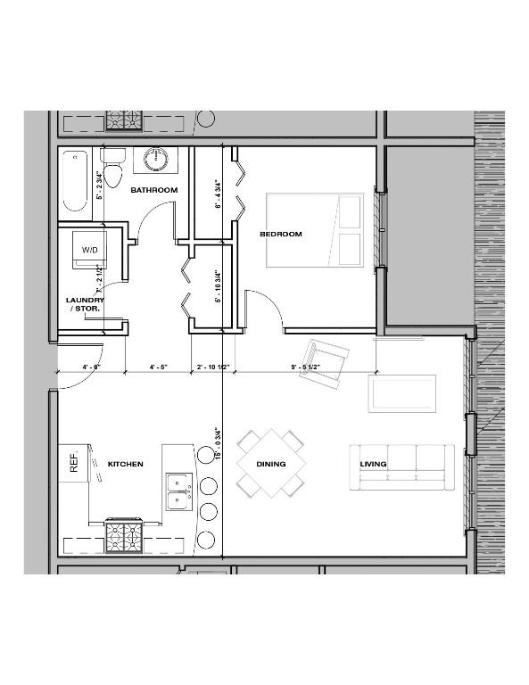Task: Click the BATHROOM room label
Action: tap(154, 190)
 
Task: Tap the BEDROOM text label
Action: tap(280, 235)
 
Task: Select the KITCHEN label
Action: tap(125, 465)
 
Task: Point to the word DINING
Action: tap(271, 464)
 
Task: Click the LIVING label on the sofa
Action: tap(373, 465)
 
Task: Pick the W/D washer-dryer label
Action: tap(90, 251)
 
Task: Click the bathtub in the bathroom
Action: tap(76, 181)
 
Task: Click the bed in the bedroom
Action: tap(317, 230)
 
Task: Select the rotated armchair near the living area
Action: tap(322, 361)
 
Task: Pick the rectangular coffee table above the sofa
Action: tap(402, 393)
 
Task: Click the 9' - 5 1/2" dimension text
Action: tap(307, 367)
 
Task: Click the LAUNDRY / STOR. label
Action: tap(86, 305)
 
